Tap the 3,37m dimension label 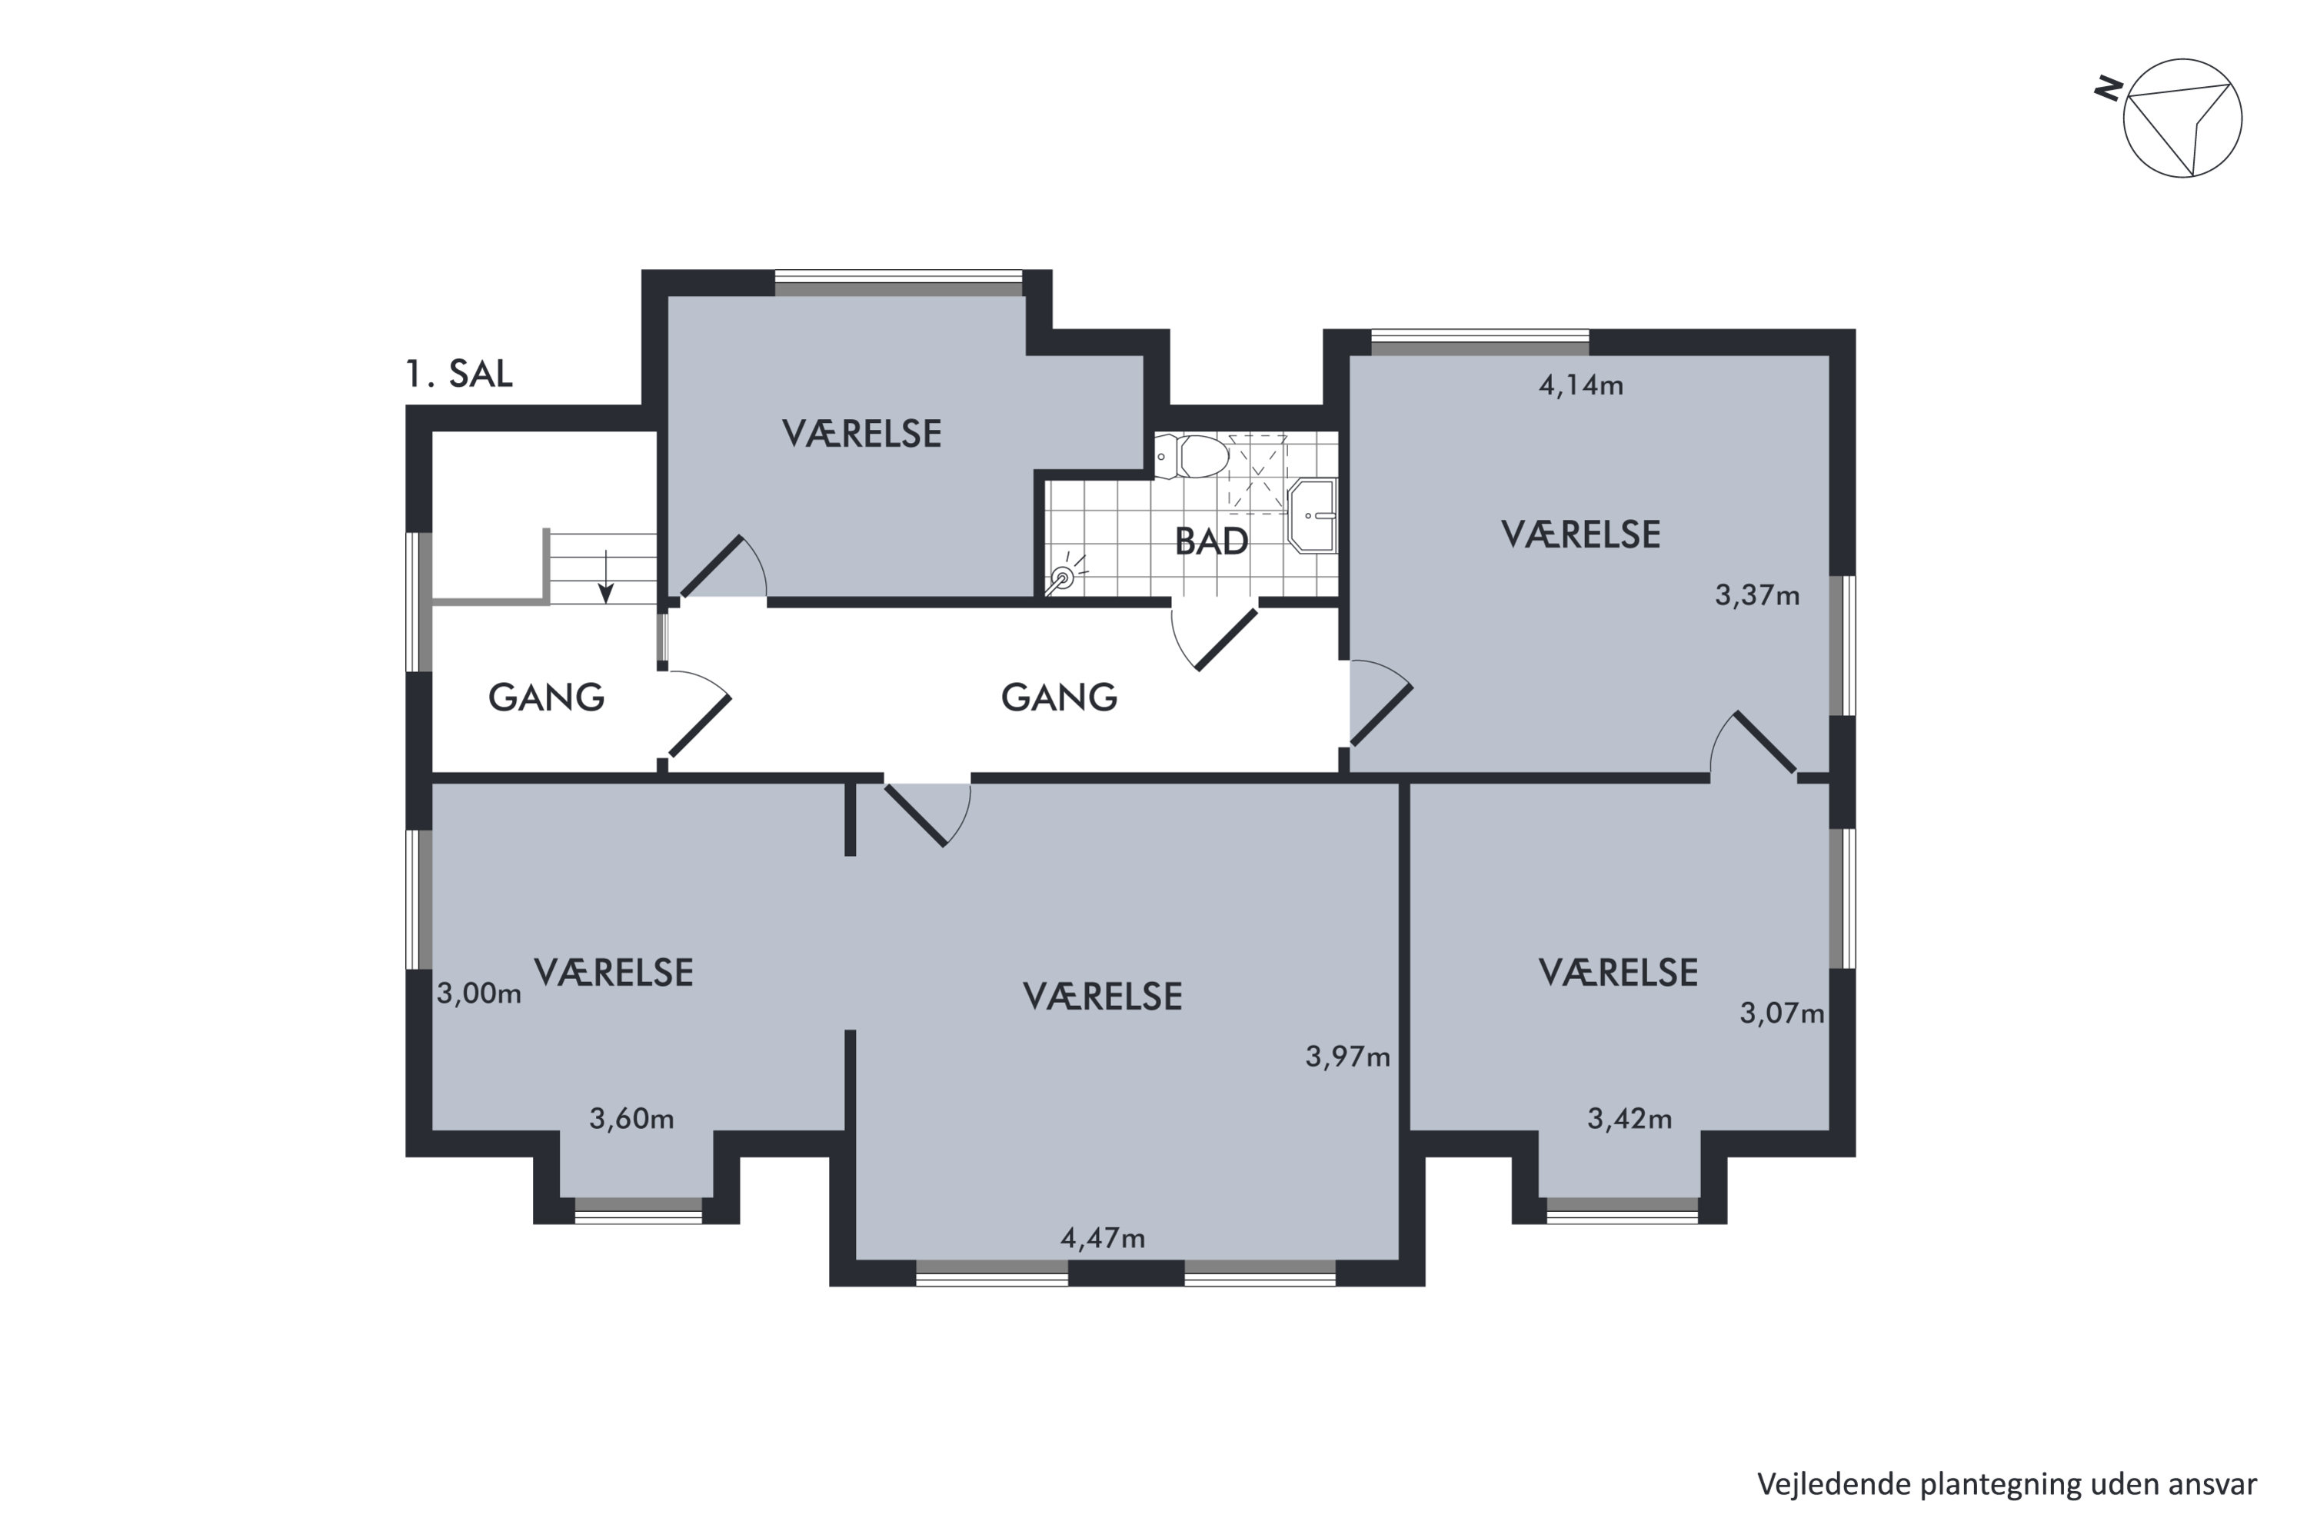coord(1756,597)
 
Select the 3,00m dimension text coord(478,994)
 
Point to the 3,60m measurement coord(631,1119)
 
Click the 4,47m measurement coord(1103,1239)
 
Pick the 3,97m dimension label coord(1348,1057)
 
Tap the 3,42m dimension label coord(1630,1119)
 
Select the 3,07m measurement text coord(1783,1014)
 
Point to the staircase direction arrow coord(606,577)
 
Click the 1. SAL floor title coord(459,374)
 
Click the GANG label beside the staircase coord(546,697)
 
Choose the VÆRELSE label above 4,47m coord(1103,997)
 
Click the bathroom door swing coord(1213,638)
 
